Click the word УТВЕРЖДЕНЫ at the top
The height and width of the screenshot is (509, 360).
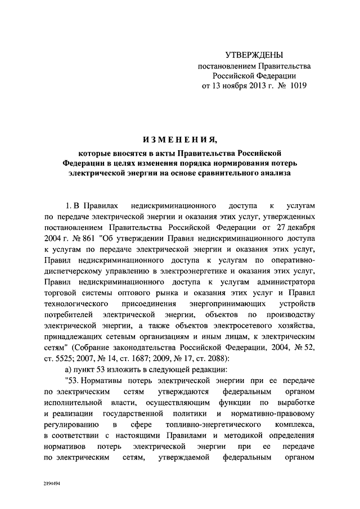pyautogui.click(x=254, y=55)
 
